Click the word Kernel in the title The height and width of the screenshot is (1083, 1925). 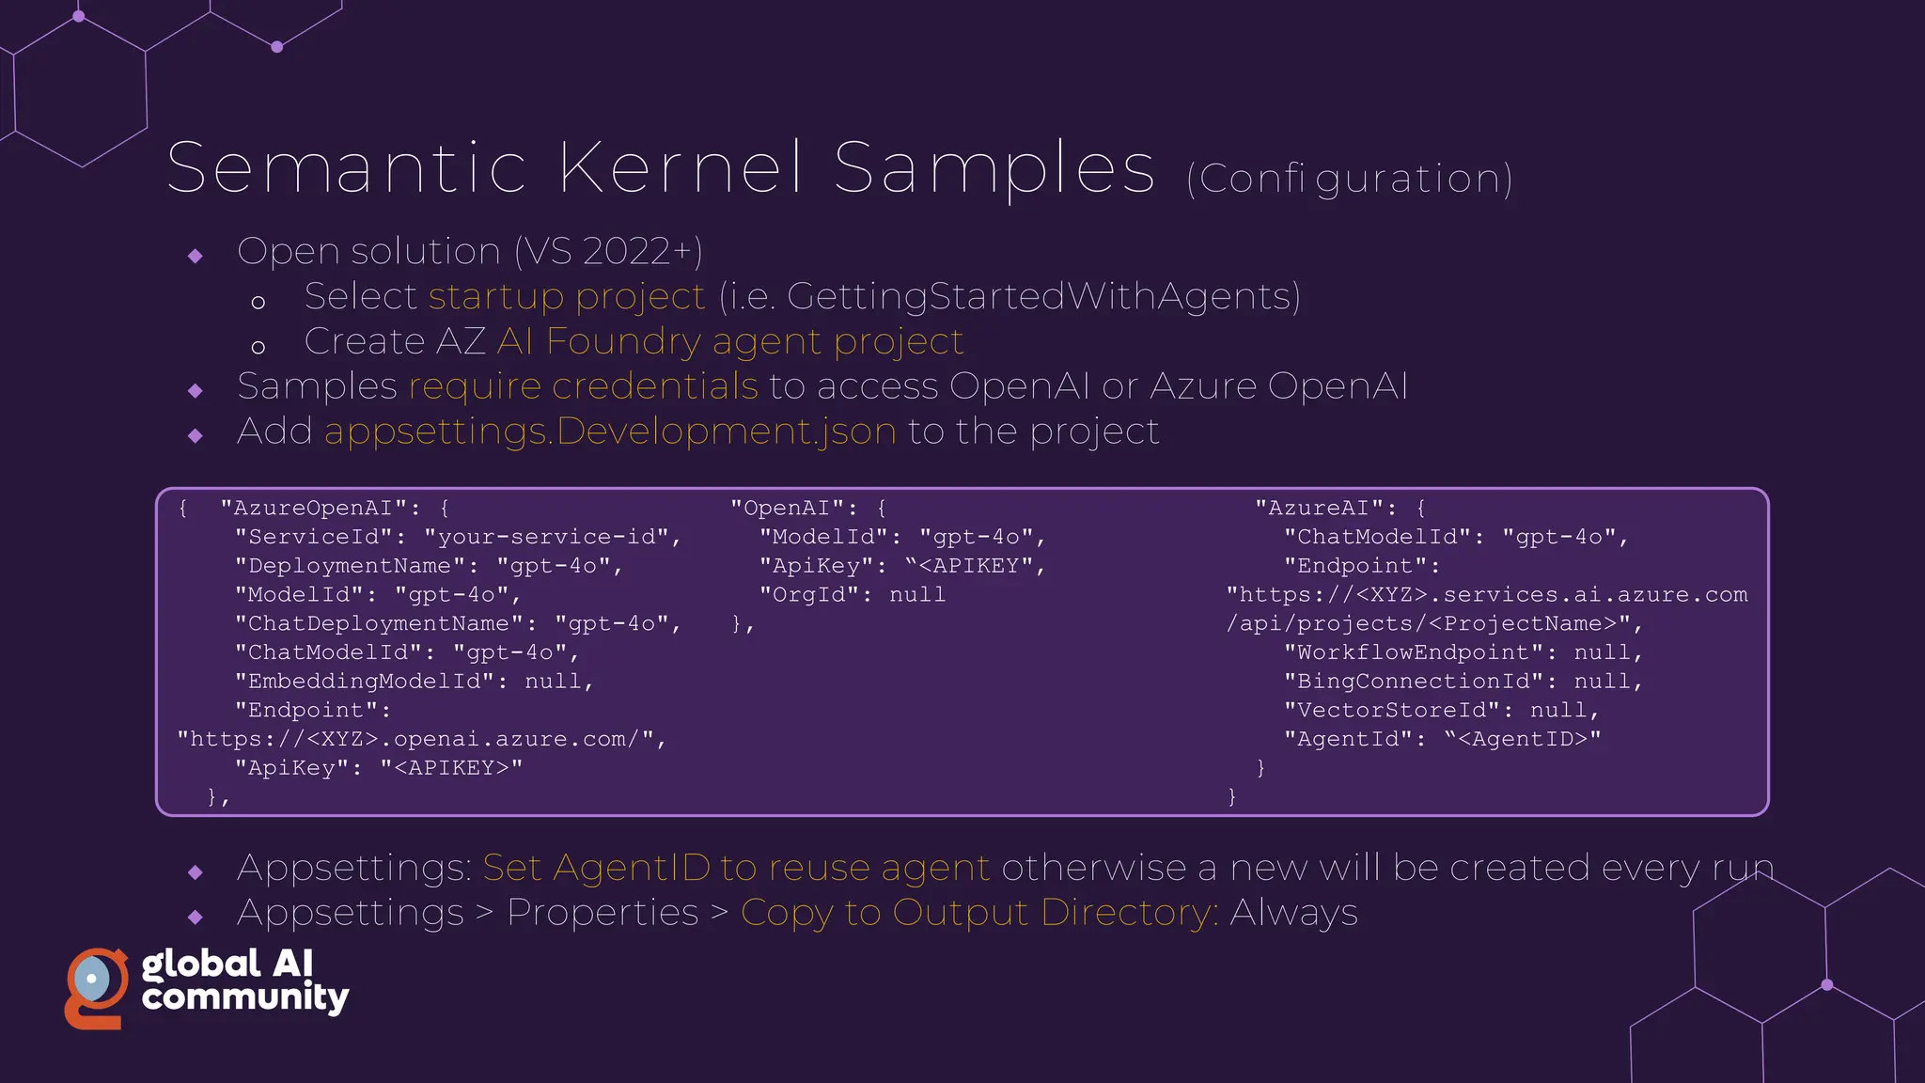[681, 168]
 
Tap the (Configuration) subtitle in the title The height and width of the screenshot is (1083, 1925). [1349, 179]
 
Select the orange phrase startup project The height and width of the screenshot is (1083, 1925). [566, 297]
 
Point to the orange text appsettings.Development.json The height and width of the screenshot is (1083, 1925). [610, 432]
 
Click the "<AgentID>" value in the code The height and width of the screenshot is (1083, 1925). [1523, 740]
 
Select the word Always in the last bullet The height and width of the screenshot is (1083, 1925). [1293, 913]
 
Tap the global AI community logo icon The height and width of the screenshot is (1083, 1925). [95, 987]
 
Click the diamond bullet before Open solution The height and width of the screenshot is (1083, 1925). [196, 256]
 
